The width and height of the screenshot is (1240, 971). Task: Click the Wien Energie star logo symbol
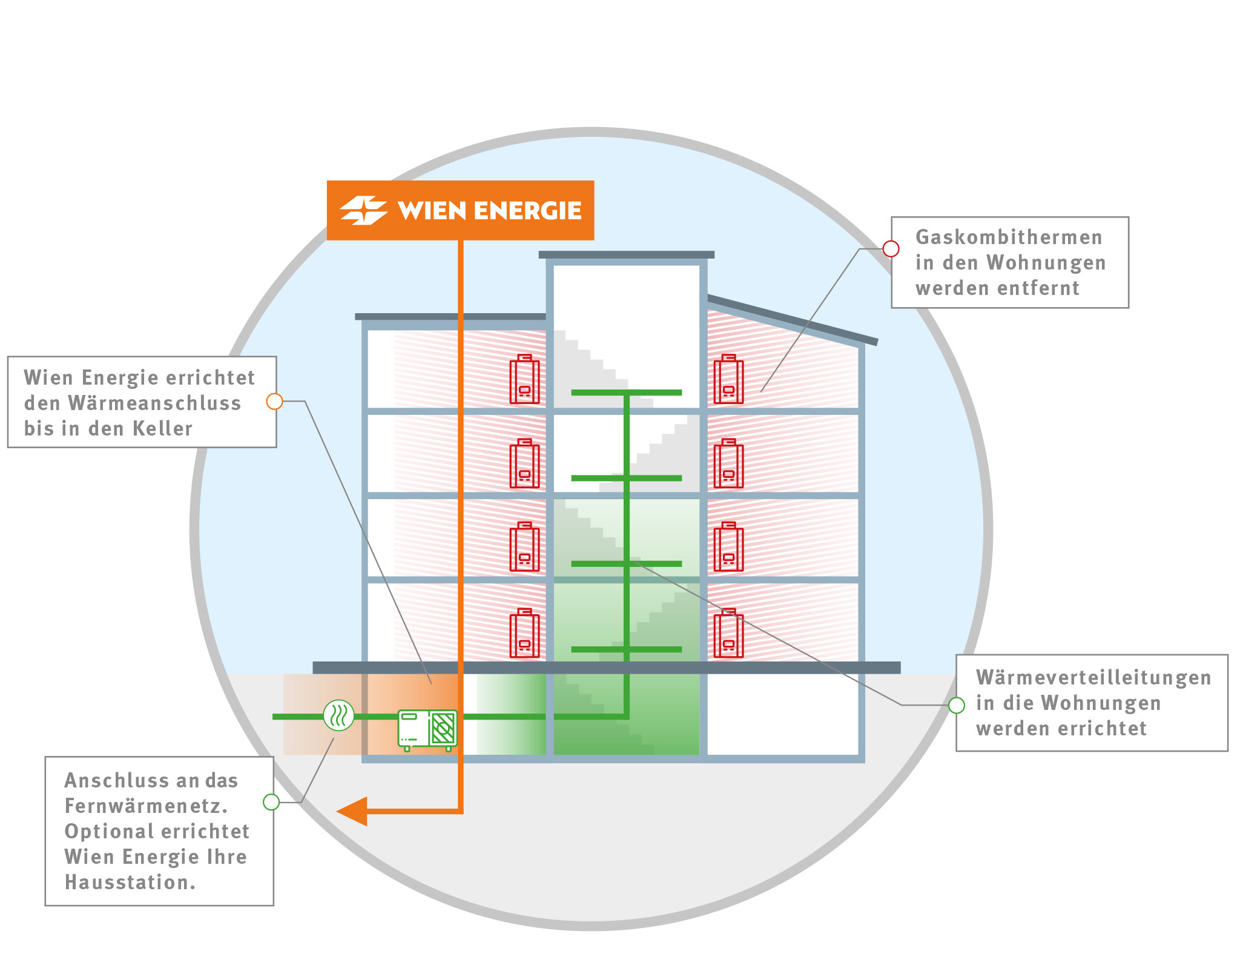click(363, 210)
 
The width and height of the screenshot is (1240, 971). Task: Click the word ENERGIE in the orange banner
click(527, 211)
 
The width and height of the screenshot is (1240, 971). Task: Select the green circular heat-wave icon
click(338, 715)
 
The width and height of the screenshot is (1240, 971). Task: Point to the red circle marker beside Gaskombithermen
click(891, 248)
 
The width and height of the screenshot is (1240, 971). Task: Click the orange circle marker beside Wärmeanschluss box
click(274, 401)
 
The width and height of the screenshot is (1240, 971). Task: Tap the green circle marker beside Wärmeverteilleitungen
click(956, 705)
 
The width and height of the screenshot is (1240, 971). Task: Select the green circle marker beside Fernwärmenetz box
click(271, 802)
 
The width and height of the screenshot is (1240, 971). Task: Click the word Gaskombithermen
click(1009, 237)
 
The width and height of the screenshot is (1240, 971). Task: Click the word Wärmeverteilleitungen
click(1093, 677)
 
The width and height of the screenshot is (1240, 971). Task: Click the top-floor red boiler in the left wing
click(524, 379)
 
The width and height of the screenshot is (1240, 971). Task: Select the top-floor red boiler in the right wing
click(728, 379)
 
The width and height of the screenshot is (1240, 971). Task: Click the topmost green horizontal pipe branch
click(626, 393)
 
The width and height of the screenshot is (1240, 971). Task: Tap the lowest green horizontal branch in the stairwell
click(626, 649)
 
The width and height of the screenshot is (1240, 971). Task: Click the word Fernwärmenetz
click(146, 806)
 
